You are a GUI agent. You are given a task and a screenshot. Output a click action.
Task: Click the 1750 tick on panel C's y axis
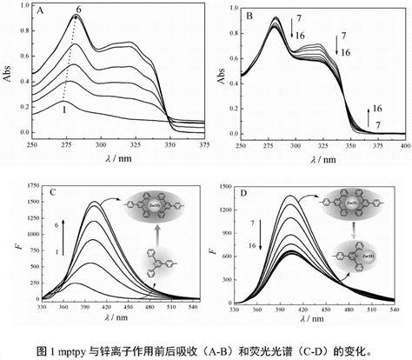point(26,185)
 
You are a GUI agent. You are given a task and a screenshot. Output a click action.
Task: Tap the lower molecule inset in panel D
point(356,258)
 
